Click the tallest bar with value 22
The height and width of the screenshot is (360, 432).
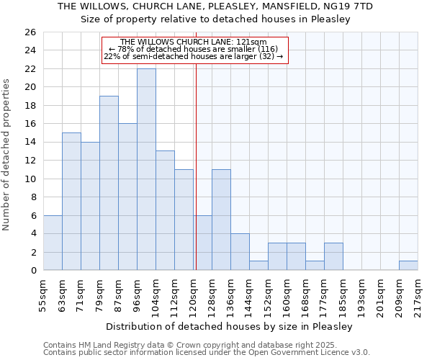tap(146, 169)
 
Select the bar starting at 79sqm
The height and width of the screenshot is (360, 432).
tap(109, 183)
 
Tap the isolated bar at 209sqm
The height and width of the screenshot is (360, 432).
tap(408, 266)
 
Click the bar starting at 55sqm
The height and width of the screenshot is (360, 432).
tap(53, 243)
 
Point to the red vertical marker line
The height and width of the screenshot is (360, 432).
tap(196, 166)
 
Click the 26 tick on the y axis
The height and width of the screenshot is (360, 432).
tap(30, 32)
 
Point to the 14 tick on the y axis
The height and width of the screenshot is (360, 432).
tap(30, 143)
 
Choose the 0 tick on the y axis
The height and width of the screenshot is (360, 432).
tap(32, 271)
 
